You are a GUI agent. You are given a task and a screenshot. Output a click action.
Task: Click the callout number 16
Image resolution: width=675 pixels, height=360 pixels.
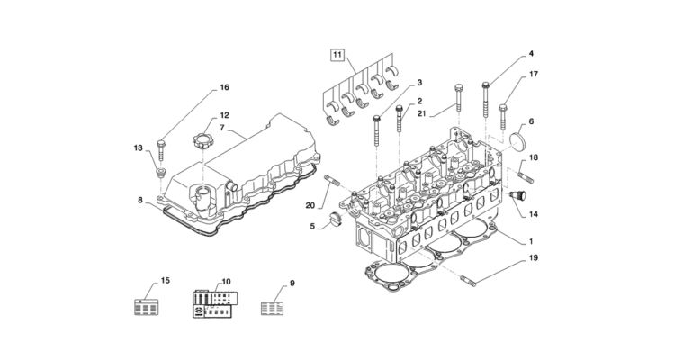point(224,87)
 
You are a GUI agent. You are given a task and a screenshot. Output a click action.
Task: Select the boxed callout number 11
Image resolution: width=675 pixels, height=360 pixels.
point(337,57)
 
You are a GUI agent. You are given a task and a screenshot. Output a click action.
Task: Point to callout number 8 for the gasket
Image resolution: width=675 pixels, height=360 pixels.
point(140,202)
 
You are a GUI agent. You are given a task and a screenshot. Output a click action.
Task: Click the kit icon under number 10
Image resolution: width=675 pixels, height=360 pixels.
point(214,302)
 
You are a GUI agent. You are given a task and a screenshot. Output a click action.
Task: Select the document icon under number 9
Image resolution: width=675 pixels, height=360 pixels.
point(272,306)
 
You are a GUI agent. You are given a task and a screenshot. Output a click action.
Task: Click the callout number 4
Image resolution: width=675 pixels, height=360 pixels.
point(530,55)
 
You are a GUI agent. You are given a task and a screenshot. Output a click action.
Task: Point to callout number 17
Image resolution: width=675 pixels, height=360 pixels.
point(533,74)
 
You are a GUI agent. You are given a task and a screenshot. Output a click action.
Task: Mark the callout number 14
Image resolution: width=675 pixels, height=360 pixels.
point(533,214)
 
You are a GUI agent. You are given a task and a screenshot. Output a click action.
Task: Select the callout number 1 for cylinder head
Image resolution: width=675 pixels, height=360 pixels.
point(531,241)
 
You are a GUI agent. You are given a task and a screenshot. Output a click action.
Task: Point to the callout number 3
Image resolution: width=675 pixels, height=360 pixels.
point(419,83)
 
